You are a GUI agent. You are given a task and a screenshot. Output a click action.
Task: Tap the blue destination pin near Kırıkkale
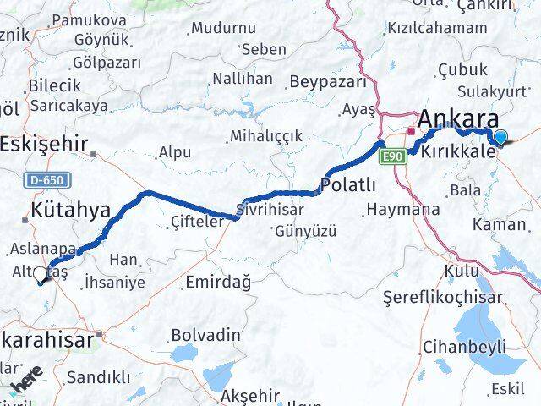click(501, 138)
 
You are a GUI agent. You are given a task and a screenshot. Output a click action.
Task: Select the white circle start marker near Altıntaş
click(40, 274)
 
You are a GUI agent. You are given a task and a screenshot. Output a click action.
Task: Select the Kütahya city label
click(70, 210)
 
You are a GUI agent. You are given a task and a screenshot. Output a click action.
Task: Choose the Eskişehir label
click(44, 143)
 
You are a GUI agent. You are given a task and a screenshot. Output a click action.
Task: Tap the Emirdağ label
click(217, 282)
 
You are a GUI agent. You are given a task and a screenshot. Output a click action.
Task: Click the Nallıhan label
click(242, 79)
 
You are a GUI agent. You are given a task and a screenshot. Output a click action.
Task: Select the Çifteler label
click(196, 222)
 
